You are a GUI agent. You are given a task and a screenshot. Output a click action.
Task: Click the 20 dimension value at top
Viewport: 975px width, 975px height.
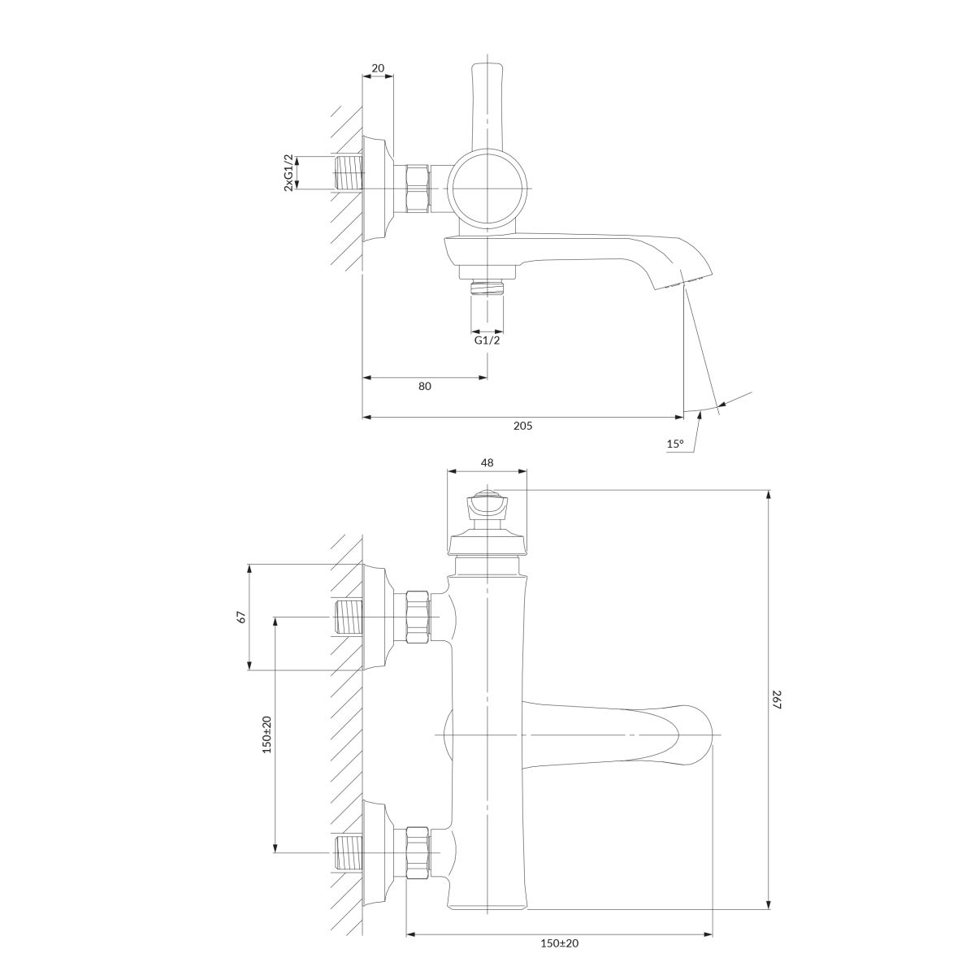pos(378,67)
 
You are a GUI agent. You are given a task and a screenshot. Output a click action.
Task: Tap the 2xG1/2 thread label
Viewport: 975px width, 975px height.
pos(288,172)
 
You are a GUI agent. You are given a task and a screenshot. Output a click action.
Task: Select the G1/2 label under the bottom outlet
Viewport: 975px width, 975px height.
pos(487,340)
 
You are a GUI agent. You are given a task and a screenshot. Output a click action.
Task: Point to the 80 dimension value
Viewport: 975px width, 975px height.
pos(425,386)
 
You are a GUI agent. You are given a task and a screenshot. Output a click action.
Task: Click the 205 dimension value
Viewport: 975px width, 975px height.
pos(522,426)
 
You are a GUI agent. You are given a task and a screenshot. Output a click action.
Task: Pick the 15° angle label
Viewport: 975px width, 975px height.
pos(675,444)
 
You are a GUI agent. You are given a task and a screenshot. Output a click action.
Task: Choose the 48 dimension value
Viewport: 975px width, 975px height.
pos(487,462)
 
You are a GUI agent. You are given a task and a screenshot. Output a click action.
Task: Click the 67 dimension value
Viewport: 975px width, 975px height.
pos(241,617)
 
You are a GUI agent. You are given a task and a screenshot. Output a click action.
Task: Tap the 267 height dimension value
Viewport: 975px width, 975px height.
pos(777,699)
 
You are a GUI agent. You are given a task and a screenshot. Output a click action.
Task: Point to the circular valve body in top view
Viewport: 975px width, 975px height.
pos(487,188)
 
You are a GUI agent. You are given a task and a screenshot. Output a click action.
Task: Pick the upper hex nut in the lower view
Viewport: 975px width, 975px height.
pos(418,617)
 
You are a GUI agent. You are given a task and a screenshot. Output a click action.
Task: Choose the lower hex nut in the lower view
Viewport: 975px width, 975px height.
pos(418,852)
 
